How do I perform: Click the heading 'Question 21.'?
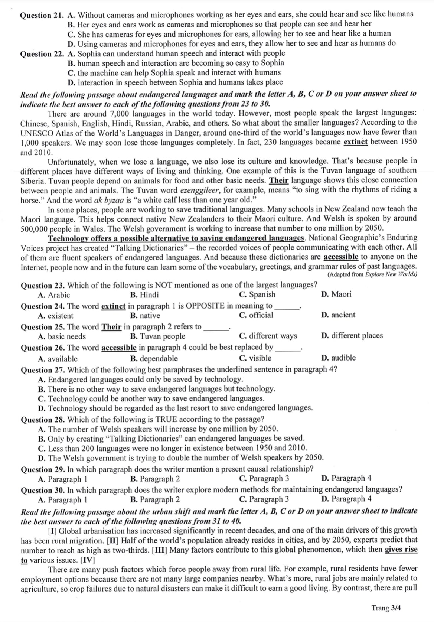(x=42, y=16)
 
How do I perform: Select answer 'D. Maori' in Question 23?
(x=336, y=294)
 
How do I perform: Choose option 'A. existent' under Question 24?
(x=55, y=316)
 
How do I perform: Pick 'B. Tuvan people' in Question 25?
(x=157, y=336)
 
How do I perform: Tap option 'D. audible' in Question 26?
(x=338, y=358)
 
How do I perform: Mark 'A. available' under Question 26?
(x=58, y=359)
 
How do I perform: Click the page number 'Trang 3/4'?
(x=386, y=608)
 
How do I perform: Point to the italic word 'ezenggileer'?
(x=199, y=190)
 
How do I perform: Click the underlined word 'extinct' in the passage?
(x=355, y=142)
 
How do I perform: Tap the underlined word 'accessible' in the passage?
(x=341, y=257)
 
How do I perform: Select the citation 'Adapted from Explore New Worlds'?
(x=372, y=274)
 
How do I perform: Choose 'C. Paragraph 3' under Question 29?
(x=264, y=479)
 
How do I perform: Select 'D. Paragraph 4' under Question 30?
(x=346, y=499)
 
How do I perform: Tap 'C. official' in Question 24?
(x=256, y=315)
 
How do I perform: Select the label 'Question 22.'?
(x=42, y=54)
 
